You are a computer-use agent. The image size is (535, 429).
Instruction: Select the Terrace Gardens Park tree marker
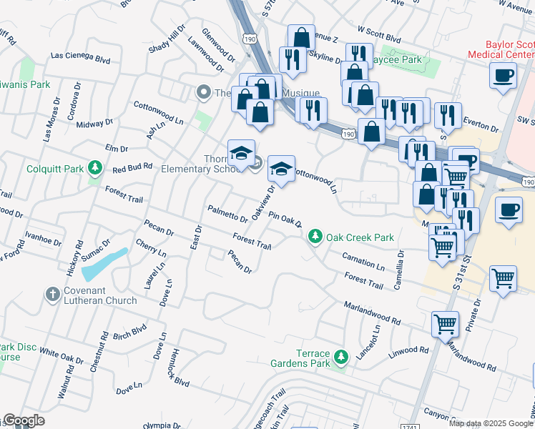(341, 356)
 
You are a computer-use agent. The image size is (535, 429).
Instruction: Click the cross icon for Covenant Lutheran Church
(52, 294)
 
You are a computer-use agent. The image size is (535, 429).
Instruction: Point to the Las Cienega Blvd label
(80, 55)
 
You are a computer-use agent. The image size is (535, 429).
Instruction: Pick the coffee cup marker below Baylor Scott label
(504, 75)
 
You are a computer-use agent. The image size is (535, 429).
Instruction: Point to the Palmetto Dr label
(227, 213)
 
